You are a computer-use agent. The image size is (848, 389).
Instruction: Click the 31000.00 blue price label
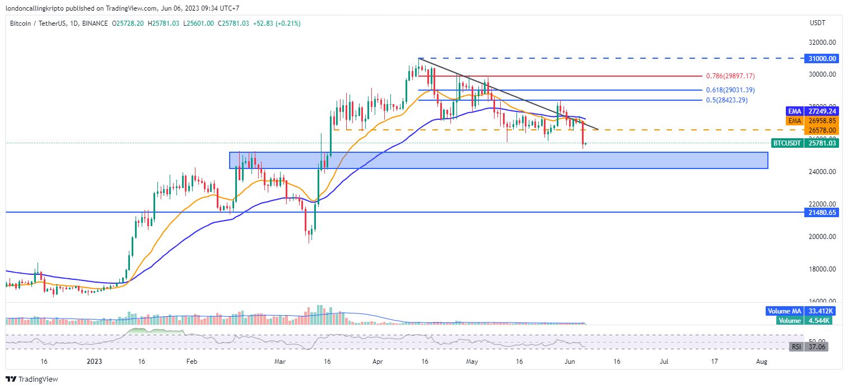pos(822,58)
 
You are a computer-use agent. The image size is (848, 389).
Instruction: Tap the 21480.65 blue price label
pos(822,213)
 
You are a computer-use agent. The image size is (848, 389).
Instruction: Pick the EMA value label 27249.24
pos(822,111)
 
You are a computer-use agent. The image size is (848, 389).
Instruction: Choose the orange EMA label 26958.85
pos(822,120)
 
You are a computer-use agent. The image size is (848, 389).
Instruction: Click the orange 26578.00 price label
pos(822,130)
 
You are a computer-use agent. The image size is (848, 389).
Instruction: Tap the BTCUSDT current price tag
pos(805,143)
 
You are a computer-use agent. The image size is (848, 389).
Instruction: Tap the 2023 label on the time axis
pos(94,362)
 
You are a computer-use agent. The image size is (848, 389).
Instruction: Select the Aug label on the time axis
pos(762,362)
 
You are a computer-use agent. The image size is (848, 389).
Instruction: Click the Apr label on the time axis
pos(376,362)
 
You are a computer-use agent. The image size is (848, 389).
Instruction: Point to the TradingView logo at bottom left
pos(32,379)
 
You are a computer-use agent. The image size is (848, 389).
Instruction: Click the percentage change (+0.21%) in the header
pos(287,24)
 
